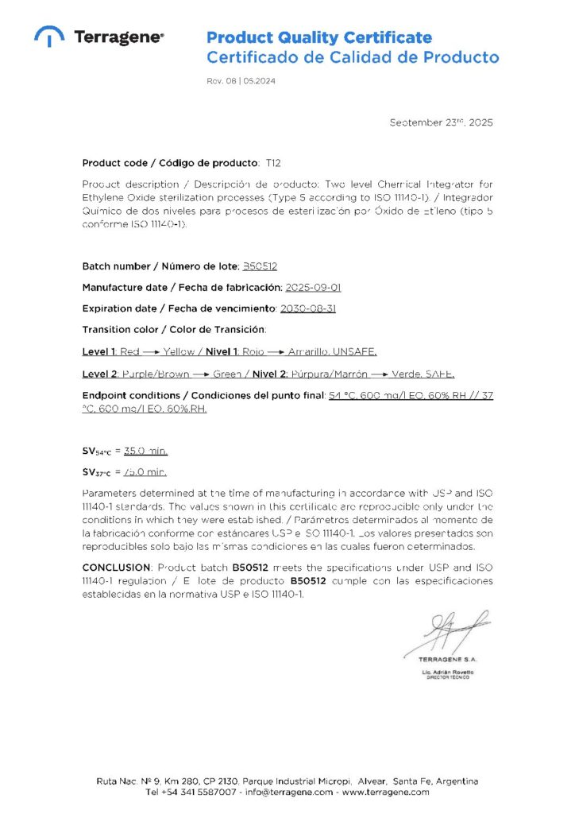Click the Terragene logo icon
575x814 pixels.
tap(49, 37)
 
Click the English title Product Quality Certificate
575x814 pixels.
tap(319, 37)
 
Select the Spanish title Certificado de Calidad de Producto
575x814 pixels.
tap(353, 57)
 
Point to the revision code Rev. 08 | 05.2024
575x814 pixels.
tap(241, 81)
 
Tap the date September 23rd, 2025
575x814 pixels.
tap(441, 122)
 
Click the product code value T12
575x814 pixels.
tap(273, 163)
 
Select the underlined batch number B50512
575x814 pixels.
tap(259, 266)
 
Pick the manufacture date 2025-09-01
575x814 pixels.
tap(313, 287)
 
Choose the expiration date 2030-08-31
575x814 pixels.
tap(308, 308)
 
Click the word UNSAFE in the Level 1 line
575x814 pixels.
tap(357, 351)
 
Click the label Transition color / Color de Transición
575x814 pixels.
tap(174, 328)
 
